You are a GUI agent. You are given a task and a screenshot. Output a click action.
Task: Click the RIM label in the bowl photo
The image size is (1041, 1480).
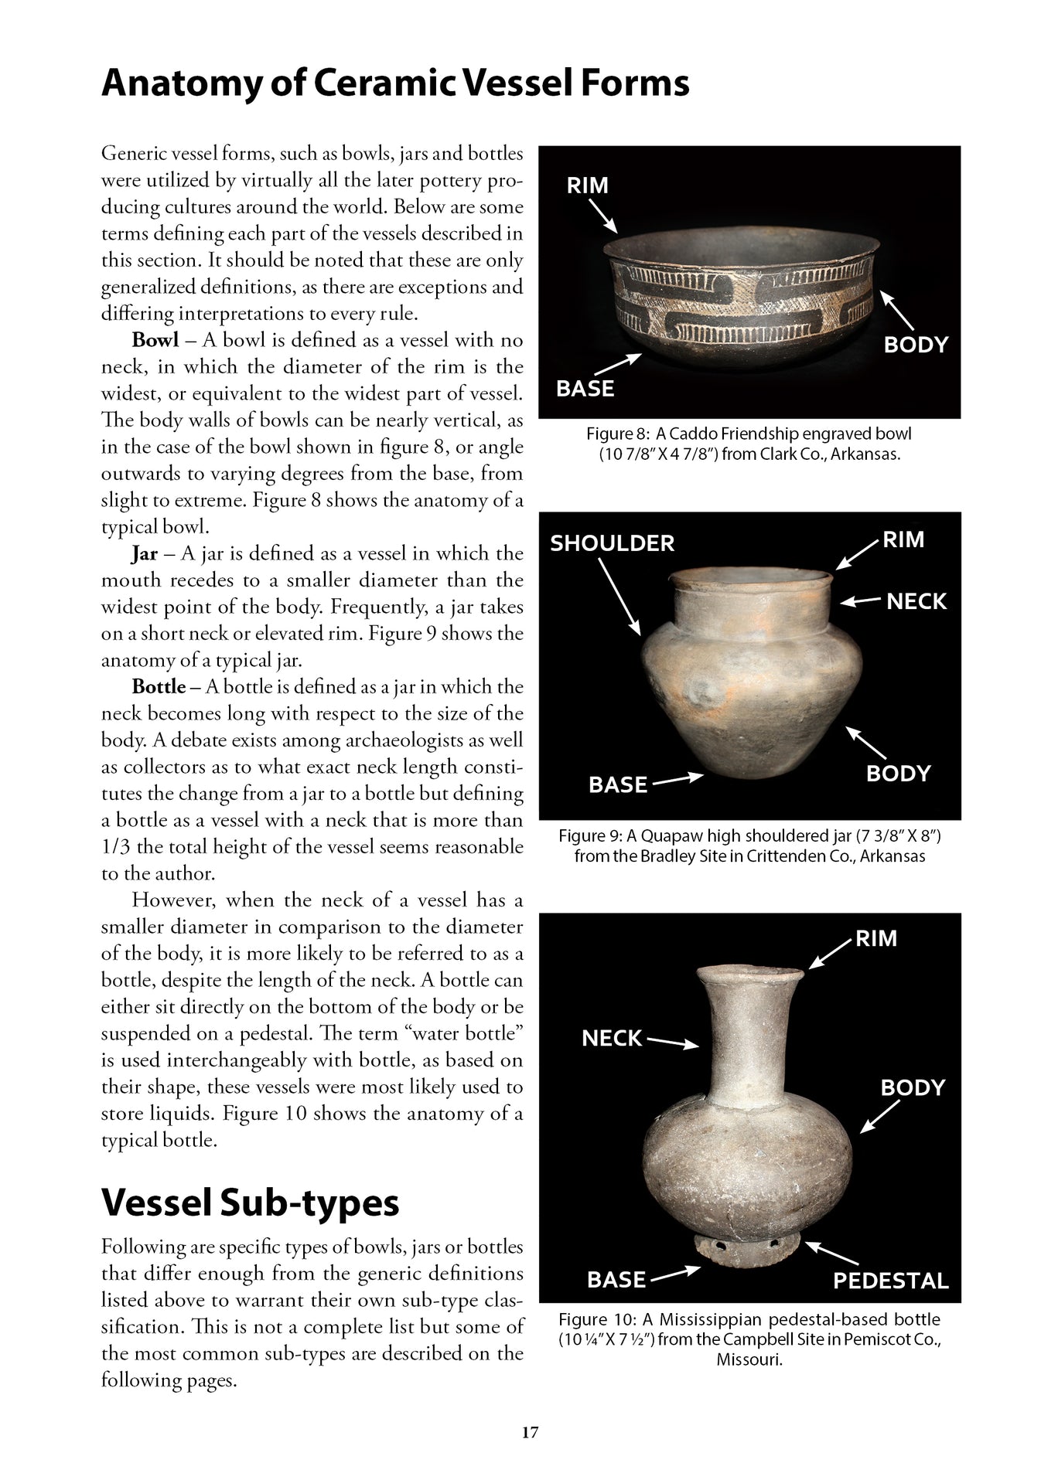pos(588,185)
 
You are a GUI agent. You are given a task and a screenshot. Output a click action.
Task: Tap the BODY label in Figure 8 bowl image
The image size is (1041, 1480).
pos(916,345)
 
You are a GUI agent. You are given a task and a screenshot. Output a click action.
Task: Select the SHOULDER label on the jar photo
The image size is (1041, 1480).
pos(612,543)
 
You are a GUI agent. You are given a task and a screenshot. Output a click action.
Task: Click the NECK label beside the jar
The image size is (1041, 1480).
pos(916,601)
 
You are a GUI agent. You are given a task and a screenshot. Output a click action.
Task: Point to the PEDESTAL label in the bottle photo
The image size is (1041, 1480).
pos(890,1281)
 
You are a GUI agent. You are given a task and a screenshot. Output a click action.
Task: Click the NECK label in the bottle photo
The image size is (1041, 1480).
pos(612,1038)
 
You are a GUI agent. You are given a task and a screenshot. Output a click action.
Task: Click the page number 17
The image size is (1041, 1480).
pos(529,1432)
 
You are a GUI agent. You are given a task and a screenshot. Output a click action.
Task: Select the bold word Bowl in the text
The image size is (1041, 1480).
pos(155,341)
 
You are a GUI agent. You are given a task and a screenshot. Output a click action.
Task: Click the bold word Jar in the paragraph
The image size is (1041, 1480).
pos(145,554)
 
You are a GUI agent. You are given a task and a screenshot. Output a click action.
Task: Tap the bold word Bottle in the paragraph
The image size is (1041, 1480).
pos(159,687)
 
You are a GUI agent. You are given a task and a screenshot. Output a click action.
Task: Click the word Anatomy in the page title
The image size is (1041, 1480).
pos(179,83)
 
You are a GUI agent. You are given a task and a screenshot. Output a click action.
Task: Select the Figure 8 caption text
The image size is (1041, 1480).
pos(749,444)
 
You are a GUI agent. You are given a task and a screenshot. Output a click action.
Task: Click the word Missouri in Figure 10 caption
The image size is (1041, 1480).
pos(749,1359)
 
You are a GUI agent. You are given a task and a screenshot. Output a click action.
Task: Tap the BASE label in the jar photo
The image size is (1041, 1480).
pos(617,784)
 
